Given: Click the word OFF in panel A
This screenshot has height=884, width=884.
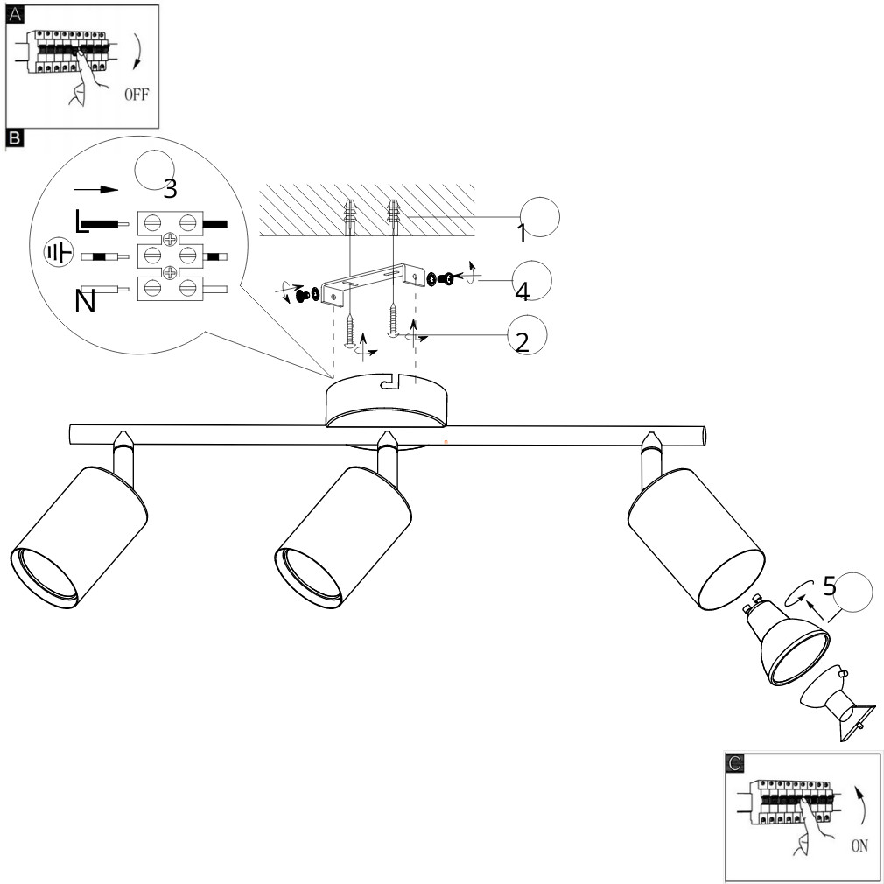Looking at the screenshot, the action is (x=137, y=95).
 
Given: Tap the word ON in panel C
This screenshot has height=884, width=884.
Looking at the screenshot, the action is (x=859, y=845).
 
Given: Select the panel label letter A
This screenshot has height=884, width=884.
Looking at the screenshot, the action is (x=15, y=14).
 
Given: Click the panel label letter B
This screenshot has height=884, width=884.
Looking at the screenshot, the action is (x=15, y=138).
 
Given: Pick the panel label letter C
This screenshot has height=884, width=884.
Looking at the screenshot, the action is (x=734, y=763).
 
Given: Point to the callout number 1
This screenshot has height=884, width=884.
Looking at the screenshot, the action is (x=522, y=233).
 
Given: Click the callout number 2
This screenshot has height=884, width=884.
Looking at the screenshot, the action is (x=523, y=342).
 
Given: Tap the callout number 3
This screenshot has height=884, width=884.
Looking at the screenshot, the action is (x=171, y=188).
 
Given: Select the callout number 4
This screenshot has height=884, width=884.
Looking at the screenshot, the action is (x=523, y=291).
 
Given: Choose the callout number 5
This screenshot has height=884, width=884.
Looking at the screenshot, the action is (x=830, y=586).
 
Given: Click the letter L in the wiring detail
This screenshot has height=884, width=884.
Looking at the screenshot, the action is (x=81, y=221).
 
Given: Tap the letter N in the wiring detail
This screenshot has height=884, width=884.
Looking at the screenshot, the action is (x=85, y=302).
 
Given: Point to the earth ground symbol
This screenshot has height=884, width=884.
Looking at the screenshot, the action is (x=59, y=253).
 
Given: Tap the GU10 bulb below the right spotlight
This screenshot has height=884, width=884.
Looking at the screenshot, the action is (x=788, y=641).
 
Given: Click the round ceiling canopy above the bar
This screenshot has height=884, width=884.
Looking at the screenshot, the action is (x=387, y=400).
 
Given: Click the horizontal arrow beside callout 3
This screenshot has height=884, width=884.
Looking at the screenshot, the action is (x=96, y=189).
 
